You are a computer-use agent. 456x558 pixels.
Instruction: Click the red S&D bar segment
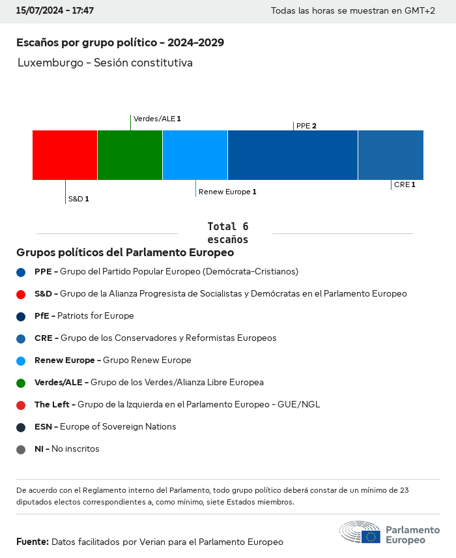click(64, 155)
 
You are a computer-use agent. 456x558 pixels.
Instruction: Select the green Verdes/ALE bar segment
click(130, 155)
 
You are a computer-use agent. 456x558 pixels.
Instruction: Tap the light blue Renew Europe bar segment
click(195, 155)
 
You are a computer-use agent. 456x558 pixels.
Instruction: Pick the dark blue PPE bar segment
click(292, 155)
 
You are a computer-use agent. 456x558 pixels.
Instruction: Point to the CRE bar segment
click(390, 155)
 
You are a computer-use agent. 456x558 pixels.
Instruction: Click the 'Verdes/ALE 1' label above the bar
click(157, 119)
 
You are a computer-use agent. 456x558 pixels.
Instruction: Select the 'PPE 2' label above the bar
click(306, 126)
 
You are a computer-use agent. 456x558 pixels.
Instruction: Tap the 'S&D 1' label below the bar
click(78, 199)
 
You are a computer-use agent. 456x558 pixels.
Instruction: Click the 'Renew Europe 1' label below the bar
click(227, 192)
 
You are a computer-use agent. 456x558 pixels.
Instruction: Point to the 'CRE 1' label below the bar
click(405, 184)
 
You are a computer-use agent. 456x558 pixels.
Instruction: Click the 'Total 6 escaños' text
click(228, 233)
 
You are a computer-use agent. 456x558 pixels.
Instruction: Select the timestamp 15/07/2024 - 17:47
click(55, 11)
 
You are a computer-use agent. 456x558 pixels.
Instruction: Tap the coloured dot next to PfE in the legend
click(21, 316)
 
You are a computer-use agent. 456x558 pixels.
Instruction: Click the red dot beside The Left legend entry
click(21, 405)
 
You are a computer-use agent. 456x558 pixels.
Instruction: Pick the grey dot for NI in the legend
click(21, 449)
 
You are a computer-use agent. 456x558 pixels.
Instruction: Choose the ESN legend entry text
click(106, 427)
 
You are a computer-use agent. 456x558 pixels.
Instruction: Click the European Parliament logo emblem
click(360, 532)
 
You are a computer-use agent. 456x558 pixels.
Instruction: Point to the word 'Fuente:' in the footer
click(33, 542)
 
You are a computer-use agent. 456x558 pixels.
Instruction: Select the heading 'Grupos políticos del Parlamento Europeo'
click(125, 252)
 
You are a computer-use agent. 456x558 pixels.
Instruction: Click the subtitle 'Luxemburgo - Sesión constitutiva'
click(105, 63)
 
